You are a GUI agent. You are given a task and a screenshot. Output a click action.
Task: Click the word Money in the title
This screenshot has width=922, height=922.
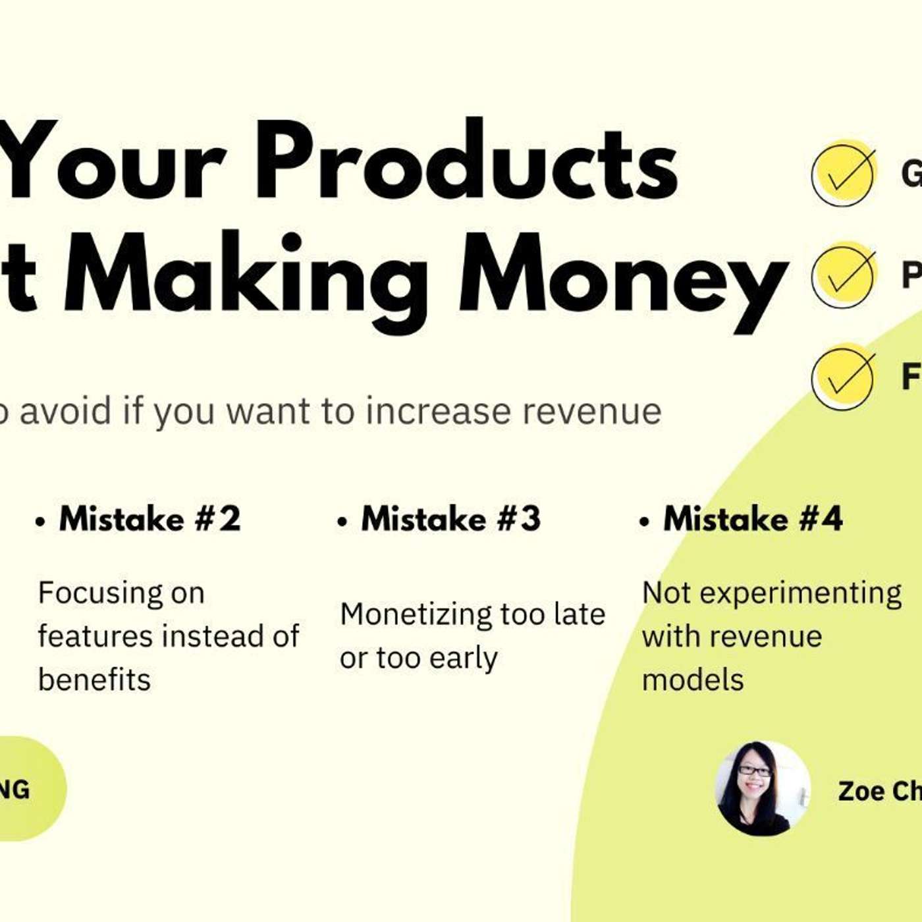click(x=622, y=277)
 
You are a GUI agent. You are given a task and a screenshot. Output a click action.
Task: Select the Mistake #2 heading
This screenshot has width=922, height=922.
click(x=150, y=519)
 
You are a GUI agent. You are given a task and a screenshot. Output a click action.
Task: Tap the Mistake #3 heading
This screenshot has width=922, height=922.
click(x=451, y=519)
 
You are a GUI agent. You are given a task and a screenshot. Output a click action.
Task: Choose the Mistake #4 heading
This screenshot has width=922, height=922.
click(x=753, y=519)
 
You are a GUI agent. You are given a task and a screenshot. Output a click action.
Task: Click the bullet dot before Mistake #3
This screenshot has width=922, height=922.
click(x=342, y=522)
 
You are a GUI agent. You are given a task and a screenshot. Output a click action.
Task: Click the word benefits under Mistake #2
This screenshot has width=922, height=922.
click(x=94, y=680)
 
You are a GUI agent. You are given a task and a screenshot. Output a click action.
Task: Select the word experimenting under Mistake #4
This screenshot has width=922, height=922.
click(x=800, y=593)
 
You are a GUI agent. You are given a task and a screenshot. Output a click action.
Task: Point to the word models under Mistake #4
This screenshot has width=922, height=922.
click(x=693, y=680)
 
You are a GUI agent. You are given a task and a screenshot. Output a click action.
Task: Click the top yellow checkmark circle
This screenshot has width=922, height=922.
click(x=844, y=173)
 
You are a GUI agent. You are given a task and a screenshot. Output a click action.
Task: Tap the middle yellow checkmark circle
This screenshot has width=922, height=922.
click(x=844, y=275)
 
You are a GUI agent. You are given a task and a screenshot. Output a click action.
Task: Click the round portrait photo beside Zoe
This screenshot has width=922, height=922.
click(x=763, y=788)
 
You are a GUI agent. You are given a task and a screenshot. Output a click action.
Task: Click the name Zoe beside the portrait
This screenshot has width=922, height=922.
click(x=855, y=791)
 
